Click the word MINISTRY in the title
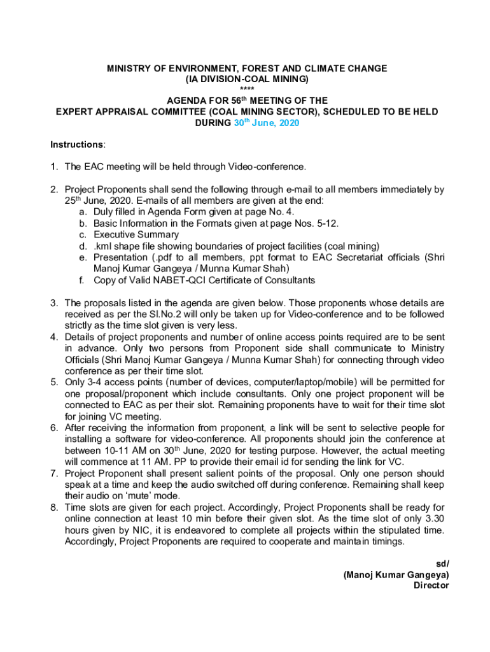(129, 68)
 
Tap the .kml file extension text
(102, 246)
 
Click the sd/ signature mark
(442, 563)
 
